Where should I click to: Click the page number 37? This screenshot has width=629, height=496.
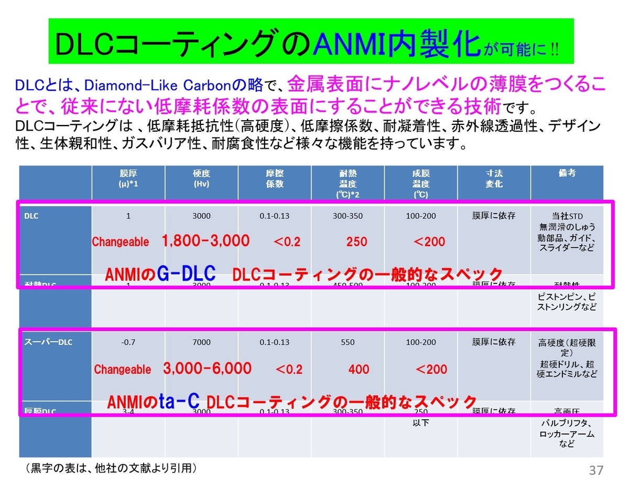pyautogui.click(x=596, y=470)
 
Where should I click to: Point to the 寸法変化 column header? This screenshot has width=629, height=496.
pyautogui.click(x=493, y=179)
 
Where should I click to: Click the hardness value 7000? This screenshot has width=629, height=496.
pyautogui.click(x=201, y=342)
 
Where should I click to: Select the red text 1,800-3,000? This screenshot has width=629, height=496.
pyautogui.click(x=205, y=241)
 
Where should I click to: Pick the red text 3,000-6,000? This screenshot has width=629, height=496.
pyautogui.click(x=207, y=369)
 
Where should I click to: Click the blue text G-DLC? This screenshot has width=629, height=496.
pyautogui.click(x=186, y=273)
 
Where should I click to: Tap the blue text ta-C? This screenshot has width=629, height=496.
pyautogui.click(x=179, y=402)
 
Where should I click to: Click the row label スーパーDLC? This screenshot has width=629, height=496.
pyautogui.click(x=48, y=342)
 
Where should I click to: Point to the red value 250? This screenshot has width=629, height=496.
pyautogui.click(x=356, y=242)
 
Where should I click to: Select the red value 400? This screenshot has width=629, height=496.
pyautogui.click(x=359, y=370)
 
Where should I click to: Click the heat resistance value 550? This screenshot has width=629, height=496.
pyautogui.click(x=347, y=342)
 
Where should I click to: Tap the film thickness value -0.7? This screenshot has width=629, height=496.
pyautogui.click(x=128, y=342)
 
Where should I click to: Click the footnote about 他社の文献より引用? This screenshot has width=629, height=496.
pyautogui.click(x=111, y=467)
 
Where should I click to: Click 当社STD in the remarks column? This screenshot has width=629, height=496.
pyautogui.click(x=567, y=216)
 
